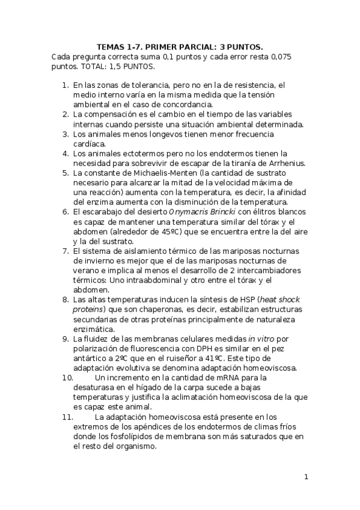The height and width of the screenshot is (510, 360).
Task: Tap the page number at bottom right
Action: (306, 478)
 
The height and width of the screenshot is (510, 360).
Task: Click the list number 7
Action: (66, 250)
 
